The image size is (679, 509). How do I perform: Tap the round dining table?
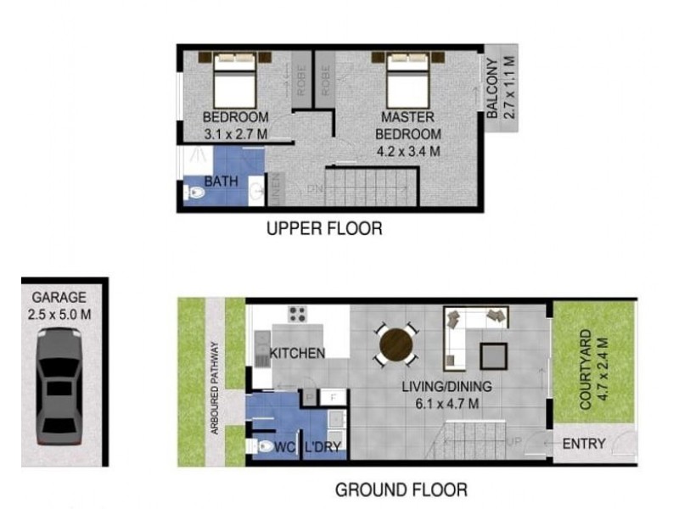coord(396,344)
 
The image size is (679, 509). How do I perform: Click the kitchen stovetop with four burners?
coord(298,315)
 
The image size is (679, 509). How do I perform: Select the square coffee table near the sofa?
coord(493,354)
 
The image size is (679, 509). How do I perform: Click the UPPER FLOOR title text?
coord(323,228)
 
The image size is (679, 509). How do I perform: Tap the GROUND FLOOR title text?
coord(401,489)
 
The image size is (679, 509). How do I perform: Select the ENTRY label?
coord(584,444)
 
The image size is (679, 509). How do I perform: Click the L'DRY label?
coord(323,446)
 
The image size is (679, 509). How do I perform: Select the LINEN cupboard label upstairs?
coord(276,189)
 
